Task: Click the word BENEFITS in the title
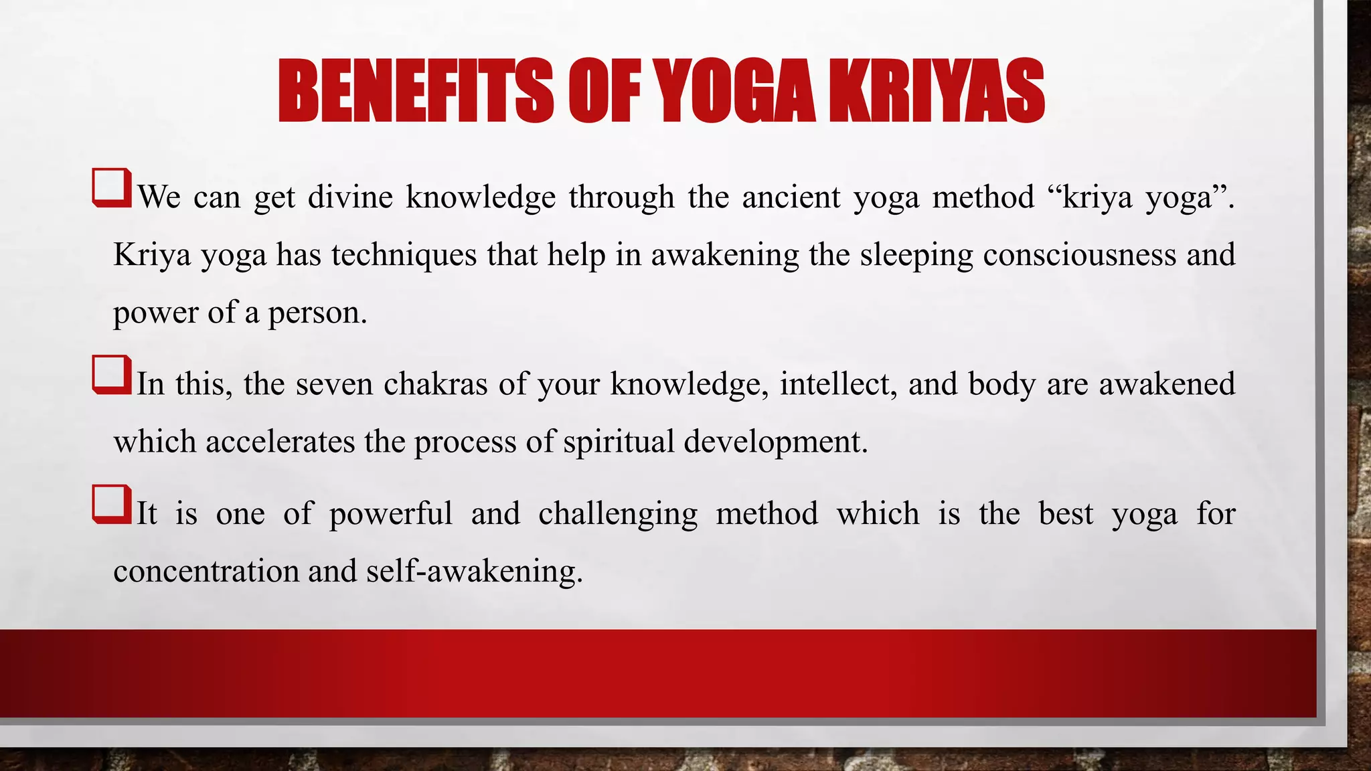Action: click(x=415, y=91)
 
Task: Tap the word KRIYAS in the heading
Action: click(x=936, y=91)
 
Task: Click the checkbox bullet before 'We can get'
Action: click(x=111, y=187)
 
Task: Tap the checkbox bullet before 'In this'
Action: click(x=111, y=374)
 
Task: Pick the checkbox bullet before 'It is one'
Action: click(x=111, y=504)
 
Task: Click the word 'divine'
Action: click(x=350, y=197)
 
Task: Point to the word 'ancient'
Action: click(x=791, y=197)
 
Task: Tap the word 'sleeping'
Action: click(x=916, y=255)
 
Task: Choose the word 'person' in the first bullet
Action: click(x=314, y=313)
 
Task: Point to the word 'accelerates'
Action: click(x=280, y=442)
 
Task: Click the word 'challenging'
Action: click(x=618, y=514)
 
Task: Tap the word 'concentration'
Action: click(x=206, y=572)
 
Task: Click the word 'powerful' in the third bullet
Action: click(x=391, y=514)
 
